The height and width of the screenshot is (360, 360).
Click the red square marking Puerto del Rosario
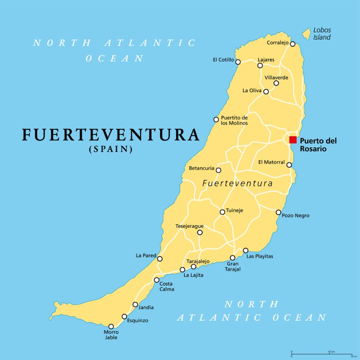click(x=293, y=140)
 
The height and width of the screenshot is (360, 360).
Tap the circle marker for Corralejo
click(x=293, y=44)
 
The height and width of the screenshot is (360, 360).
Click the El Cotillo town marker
click(x=238, y=62)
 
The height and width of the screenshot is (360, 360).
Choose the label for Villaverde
click(x=276, y=77)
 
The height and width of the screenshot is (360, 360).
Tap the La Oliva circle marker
click(x=266, y=91)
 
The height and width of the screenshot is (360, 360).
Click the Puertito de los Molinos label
click(x=234, y=120)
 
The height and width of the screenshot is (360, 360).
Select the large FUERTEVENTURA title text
click(x=111, y=135)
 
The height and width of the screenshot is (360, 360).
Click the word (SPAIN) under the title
click(x=111, y=149)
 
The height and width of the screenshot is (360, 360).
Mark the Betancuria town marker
click(x=218, y=170)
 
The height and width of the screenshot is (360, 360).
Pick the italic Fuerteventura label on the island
click(x=237, y=183)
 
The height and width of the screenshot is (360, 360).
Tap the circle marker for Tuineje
click(x=222, y=212)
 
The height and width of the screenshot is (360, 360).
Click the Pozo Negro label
click(x=296, y=216)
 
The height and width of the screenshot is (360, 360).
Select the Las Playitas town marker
click(x=246, y=250)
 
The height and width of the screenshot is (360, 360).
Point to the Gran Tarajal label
click(x=233, y=267)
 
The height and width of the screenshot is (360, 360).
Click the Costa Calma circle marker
click(x=157, y=280)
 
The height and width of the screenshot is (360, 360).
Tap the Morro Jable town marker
click(x=111, y=327)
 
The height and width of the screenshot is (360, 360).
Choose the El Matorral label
click(x=271, y=162)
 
